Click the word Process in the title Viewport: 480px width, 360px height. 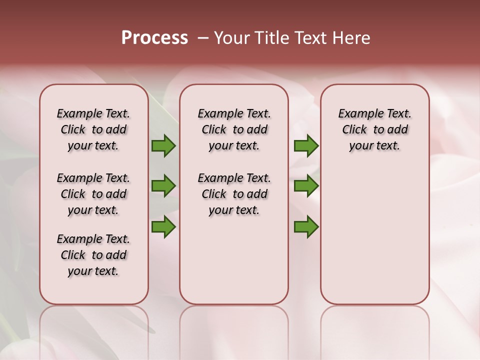coord(154,38)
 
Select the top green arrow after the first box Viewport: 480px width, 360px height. coord(163,146)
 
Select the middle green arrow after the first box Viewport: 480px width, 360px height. coord(163,186)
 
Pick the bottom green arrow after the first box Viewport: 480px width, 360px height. coord(163,227)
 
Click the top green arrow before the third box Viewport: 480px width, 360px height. coord(306,146)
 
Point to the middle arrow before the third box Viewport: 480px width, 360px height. coord(306,186)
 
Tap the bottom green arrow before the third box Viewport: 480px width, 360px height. coord(306,227)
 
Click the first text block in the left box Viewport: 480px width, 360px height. coord(93,129)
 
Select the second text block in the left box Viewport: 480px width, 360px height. coord(93,194)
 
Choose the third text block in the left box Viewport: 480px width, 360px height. coord(93,255)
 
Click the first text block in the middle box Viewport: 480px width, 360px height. coord(234,129)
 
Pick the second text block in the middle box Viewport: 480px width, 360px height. coord(234,194)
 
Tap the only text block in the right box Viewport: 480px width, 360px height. coord(375,129)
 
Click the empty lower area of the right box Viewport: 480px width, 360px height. coord(375,240)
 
